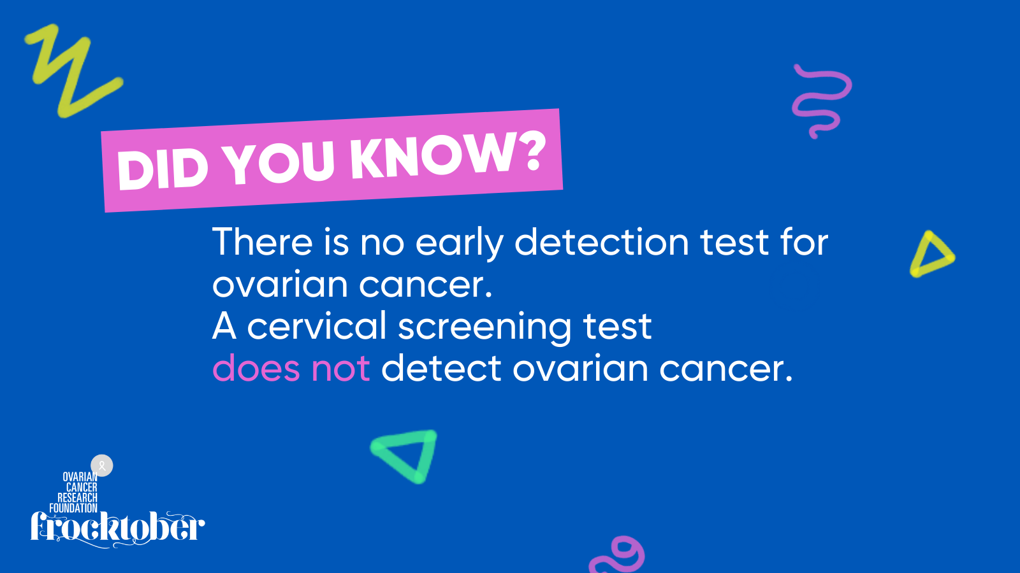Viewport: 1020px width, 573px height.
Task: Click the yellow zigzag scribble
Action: pyautogui.click(x=73, y=68)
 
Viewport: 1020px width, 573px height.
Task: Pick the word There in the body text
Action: pyautogui.click(x=262, y=242)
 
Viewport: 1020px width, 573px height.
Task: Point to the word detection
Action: pyautogui.click(x=602, y=242)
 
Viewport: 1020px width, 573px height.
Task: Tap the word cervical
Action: pyautogui.click(x=316, y=326)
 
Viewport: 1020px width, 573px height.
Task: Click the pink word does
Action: pyautogui.click(x=256, y=369)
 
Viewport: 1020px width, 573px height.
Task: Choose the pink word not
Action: pyautogui.click(x=340, y=369)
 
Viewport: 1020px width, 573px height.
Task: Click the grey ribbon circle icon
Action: pyautogui.click(x=102, y=465)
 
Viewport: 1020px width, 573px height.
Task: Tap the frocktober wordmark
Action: pyautogui.click(x=117, y=529)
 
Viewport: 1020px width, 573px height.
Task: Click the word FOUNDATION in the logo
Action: pyautogui.click(x=73, y=509)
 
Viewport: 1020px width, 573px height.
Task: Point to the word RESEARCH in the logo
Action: pyautogui.click(x=77, y=498)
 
